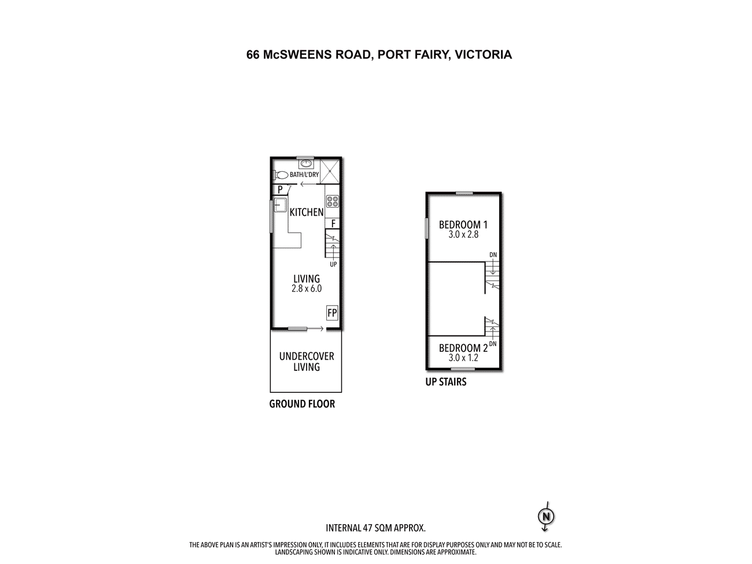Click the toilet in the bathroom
point(281,175)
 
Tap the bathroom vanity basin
point(305,163)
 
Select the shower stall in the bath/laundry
point(329,171)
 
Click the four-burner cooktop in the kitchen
point(332,201)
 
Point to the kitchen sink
point(280,205)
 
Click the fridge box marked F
point(333,224)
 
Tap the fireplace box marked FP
point(332,312)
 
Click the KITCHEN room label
point(306,212)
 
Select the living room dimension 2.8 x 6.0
point(306,289)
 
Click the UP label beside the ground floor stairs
point(333,264)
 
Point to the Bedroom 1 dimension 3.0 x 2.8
point(463,235)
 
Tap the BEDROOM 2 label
point(463,348)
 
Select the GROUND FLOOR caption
point(302,404)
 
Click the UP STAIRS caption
point(446,382)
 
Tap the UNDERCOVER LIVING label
point(306,362)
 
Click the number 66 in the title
point(253,55)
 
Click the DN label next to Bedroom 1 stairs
point(493,255)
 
